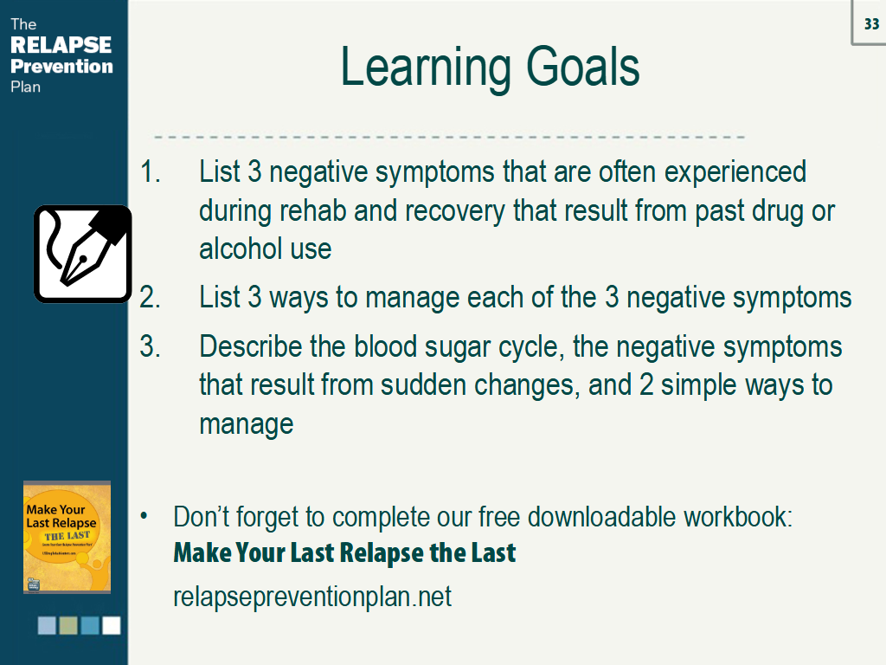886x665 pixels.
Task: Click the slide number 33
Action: (x=871, y=23)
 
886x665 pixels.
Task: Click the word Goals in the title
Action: (x=582, y=68)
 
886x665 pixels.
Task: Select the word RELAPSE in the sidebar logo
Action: (x=61, y=45)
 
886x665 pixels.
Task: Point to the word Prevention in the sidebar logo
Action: (x=61, y=66)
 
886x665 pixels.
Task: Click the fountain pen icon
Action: (x=82, y=254)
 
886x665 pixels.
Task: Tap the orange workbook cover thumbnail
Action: (x=67, y=537)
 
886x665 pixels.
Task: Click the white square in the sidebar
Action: (x=112, y=625)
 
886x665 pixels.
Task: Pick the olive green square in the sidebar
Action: (x=68, y=625)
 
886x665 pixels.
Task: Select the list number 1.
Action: (x=150, y=171)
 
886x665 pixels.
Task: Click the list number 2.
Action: (x=150, y=298)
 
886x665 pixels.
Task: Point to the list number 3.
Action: (x=150, y=346)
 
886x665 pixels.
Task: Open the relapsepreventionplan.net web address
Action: (x=312, y=597)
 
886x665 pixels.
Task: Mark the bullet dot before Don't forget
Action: (x=144, y=516)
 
